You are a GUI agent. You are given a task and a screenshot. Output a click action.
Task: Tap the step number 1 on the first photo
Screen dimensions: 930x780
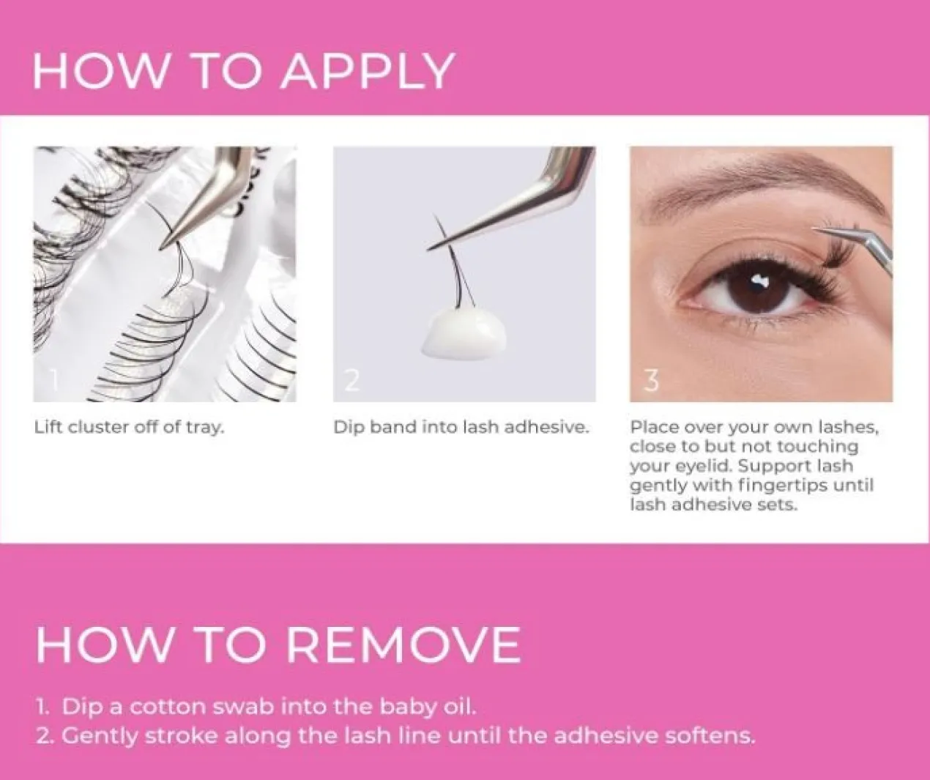click(54, 379)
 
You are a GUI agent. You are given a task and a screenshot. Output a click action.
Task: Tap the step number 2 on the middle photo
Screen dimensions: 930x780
click(351, 380)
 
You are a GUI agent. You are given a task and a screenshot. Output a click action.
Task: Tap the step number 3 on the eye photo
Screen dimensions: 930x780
click(651, 380)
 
